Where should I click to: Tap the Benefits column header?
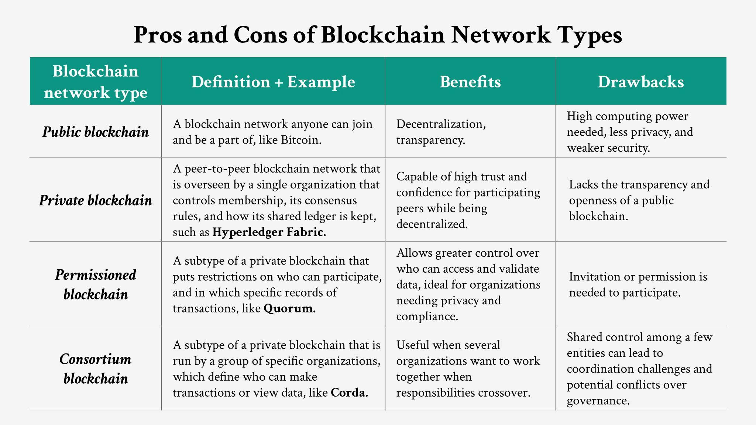470,82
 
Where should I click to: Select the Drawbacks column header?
641,82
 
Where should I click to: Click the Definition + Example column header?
273,82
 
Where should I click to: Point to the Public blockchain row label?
96,132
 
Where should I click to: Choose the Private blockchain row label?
96,200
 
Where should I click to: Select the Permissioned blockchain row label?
96,284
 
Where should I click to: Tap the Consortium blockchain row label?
96,369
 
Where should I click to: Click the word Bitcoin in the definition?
301,140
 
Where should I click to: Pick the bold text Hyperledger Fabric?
269,232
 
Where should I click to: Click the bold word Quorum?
290,308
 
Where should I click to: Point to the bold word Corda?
350,393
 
